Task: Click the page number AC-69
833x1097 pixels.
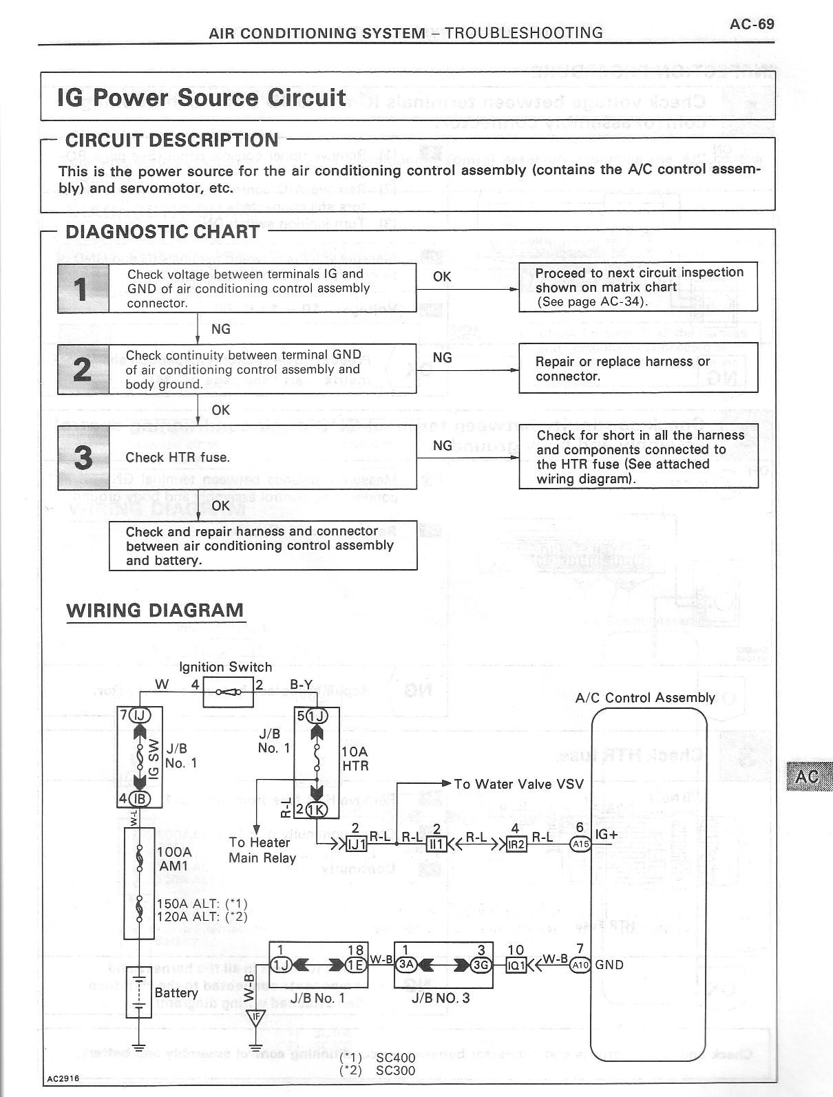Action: tap(752, 24)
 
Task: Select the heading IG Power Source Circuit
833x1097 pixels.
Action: tap(202, 98)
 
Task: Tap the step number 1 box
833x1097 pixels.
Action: tap(83, 288)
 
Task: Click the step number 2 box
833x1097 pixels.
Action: tap(83, 369)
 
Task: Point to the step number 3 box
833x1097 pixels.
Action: tap(83, 457)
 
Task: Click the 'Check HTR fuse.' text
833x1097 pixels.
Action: tap(178, 458)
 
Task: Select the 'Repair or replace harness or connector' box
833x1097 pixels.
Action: tap(637, 369)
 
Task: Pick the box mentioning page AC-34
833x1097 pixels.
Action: tap(637, 286)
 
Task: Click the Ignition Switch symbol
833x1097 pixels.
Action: tap(228, 693)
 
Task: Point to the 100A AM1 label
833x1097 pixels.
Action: tap(174, 858)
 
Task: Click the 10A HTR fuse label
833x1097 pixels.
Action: tap(355, 758)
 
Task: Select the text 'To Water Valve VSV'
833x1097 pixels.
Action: tap(518, 784)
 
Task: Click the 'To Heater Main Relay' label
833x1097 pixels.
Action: tap(262, 850)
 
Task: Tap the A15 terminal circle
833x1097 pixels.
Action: tap(580, 844)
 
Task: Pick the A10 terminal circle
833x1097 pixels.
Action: tap(580, 965)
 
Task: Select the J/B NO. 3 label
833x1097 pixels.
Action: tap(441, 998)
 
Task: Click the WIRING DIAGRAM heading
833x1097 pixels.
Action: tap(155, 610)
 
